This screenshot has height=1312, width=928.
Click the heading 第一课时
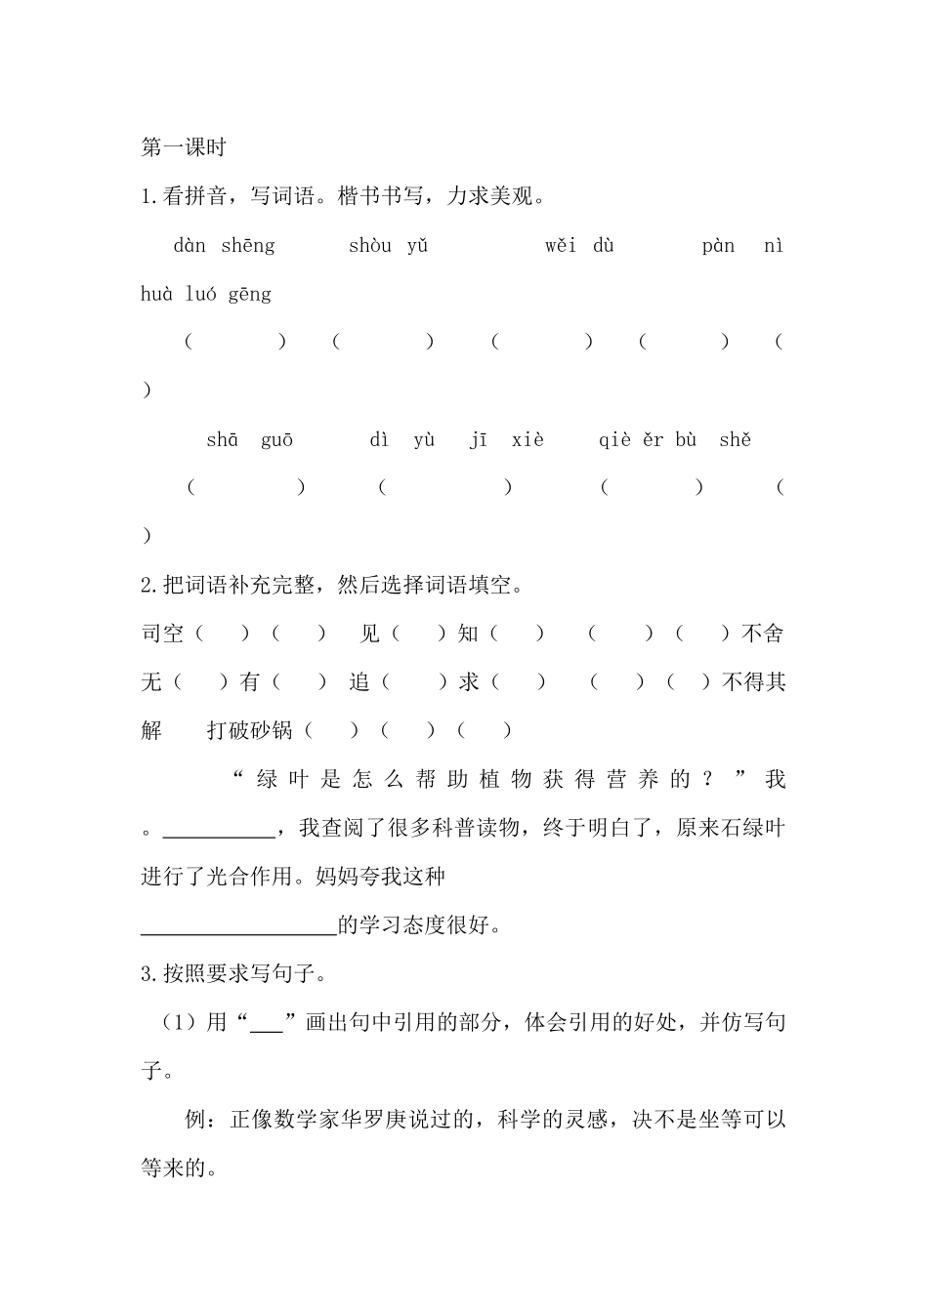point(184,147)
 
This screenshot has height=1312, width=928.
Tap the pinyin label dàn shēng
point(224,246)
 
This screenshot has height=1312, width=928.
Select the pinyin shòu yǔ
point(388,246)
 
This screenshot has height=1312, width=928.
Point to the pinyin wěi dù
point(579,246)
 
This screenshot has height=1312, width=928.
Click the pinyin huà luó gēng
point(206,294)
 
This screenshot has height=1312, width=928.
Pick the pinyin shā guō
point(249,440)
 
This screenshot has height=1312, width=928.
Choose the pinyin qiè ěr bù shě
point(674,440)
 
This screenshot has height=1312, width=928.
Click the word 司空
point(162,634)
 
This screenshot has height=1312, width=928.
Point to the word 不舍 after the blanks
point(763,634)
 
